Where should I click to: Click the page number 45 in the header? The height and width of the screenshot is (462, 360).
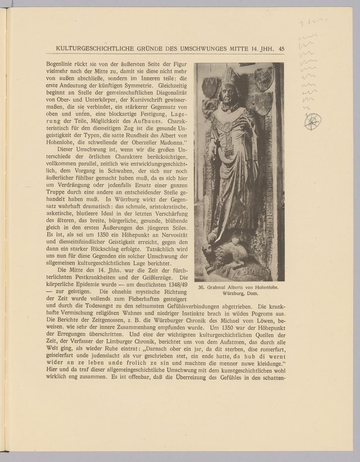click(281, 49)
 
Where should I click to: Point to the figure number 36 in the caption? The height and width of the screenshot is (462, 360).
click(202, 288)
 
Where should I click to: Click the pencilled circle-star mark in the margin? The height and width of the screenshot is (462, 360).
click(312, 121)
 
